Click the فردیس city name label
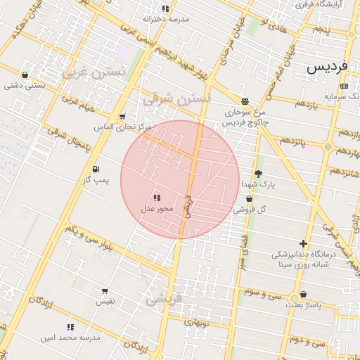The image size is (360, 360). click(x=328, y=68)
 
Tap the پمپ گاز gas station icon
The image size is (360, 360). click(x=95, y=169)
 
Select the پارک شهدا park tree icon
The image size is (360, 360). click(x=258, y=174)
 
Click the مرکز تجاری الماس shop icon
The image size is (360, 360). click(x=123, y=117)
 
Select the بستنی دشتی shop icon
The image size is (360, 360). click(x=25, y=75)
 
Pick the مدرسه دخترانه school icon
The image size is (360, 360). click(x=165, y=8)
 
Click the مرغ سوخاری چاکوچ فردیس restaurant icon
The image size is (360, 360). click(x=244, y=101)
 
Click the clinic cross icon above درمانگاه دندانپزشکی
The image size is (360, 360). click(x=303, y=243)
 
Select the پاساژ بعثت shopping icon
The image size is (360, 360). click(x=303, y=295)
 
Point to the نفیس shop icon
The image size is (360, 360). click(x=105, y=290)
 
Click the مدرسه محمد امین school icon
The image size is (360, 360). click(x=70, y=327)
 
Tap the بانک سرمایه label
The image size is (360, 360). click(x=343, y=96)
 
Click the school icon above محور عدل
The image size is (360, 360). click(x=157, y=198)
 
